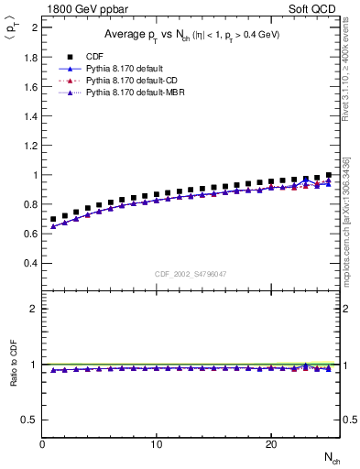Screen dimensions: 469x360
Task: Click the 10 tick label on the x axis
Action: pos(157,444)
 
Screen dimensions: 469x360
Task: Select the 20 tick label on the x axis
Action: pos(271,444)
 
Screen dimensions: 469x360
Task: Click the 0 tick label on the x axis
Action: pos(43,444)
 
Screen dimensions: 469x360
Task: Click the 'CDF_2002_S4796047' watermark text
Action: pos(191,273)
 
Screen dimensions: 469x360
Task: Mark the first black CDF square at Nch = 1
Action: pos(53,220)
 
